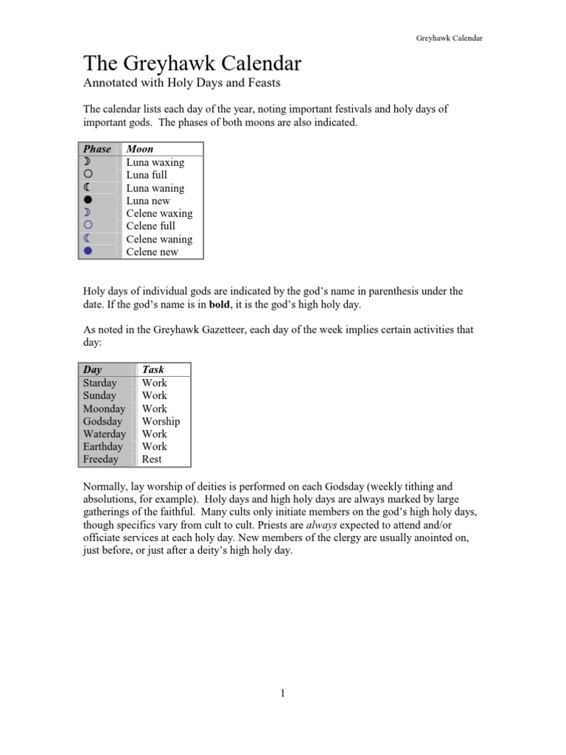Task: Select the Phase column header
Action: tap(97, 149)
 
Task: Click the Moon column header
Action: tap(140, 149)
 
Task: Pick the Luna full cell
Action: tap(147, 175)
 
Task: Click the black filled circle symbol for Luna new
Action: tap(88, 201)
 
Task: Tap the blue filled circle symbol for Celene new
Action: tap(88, 251)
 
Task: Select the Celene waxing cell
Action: tap(159, 213)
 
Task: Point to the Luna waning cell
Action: tap(155, 188)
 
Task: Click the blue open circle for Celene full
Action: tap(88, 226)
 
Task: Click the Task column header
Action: tap(153, 369)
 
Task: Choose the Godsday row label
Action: tap(102, 421)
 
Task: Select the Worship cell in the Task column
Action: tap(161, 421)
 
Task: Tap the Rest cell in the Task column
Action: tap(152, 459)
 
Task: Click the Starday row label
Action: tap(99, 383)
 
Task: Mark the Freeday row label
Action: tap(100, 459)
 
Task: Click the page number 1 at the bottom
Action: tap(282, 693)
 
